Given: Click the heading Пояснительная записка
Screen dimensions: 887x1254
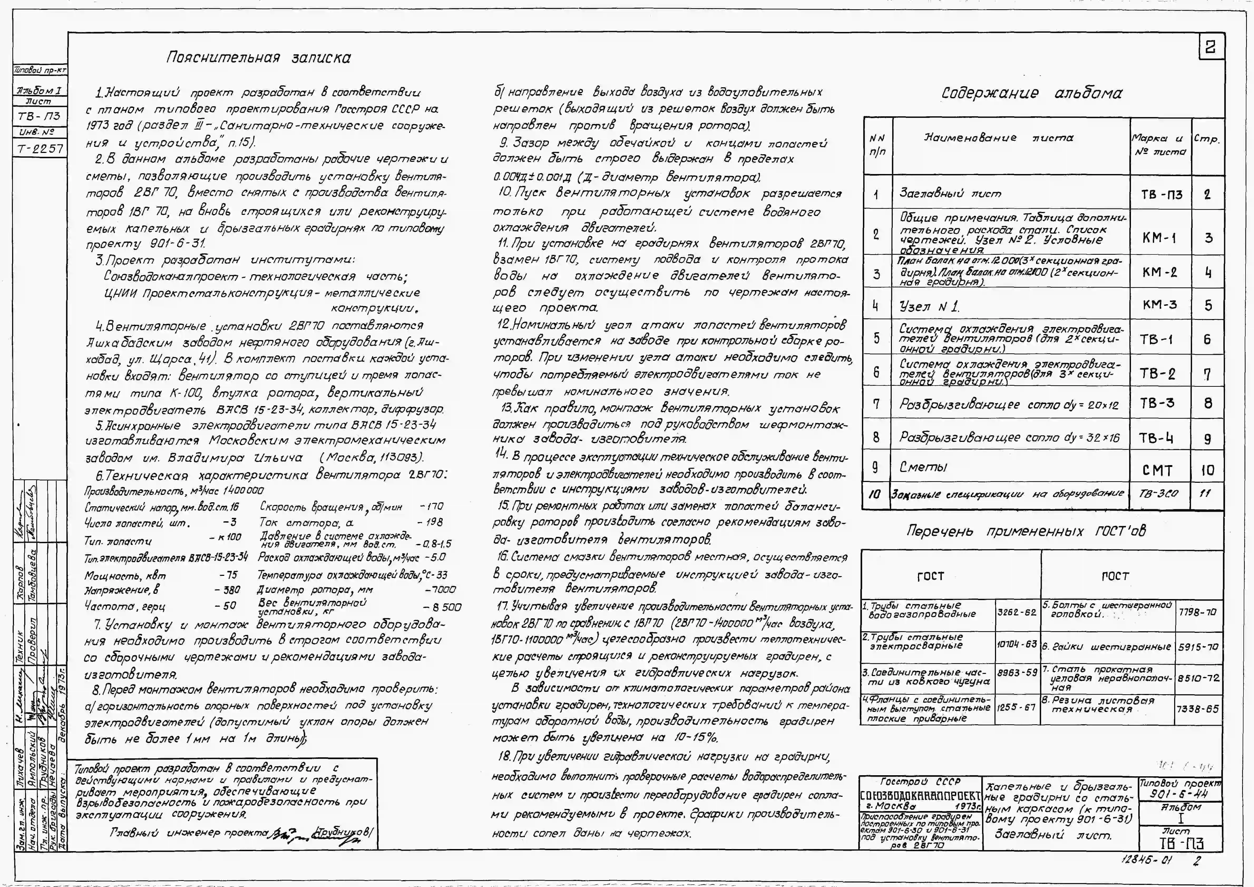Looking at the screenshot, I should coord(258,58).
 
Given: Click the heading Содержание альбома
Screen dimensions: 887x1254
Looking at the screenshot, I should coord(1032,93).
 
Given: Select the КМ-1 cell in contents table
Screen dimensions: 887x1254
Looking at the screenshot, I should coord(1159,238).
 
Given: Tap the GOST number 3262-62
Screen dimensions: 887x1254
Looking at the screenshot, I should coord(1017,613).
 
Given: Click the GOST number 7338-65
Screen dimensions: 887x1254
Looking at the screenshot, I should coord(1197,709).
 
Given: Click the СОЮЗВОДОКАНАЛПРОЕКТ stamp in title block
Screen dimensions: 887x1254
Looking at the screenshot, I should coord(920,795).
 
